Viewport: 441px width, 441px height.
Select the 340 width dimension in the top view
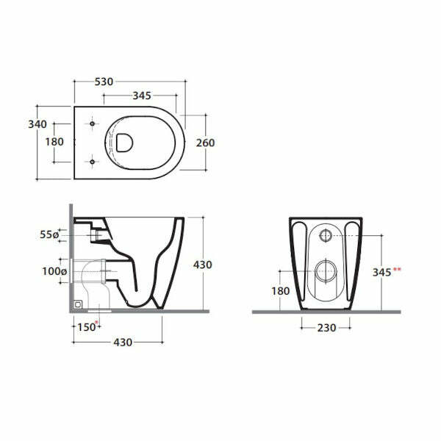click(37, 124)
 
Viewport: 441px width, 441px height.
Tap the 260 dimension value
click(205, 143)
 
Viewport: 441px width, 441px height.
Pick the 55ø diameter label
click(49, 234)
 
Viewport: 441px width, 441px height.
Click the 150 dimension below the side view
click(86, 327)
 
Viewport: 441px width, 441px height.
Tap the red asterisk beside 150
click(97, 324)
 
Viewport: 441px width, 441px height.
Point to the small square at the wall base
click(77, 303)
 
